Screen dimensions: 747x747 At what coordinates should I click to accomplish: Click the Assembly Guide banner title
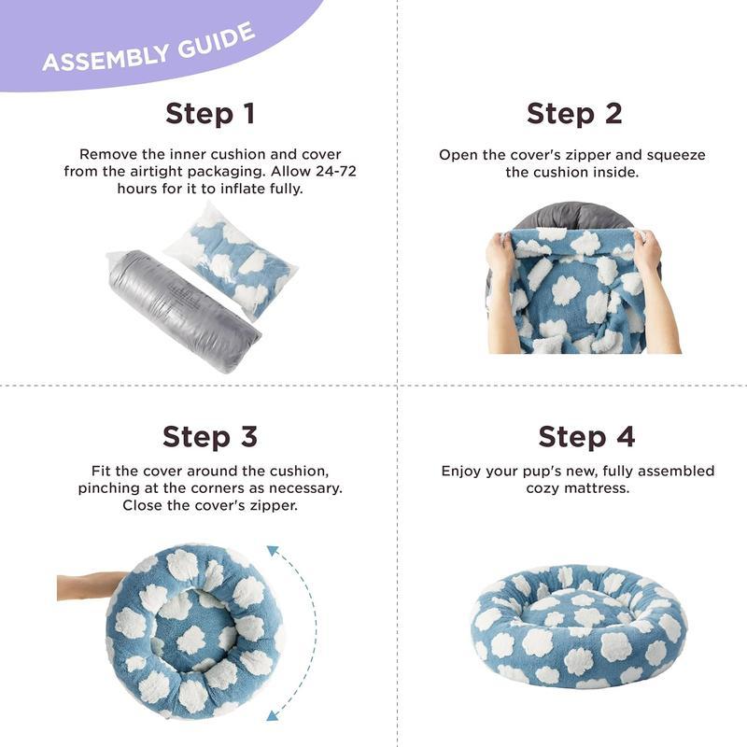[148, 48]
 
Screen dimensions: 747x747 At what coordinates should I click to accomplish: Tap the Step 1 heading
[209, 114]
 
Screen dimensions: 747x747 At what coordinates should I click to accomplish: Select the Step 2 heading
[573, 114]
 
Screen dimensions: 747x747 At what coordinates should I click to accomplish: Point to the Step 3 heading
[209, 436]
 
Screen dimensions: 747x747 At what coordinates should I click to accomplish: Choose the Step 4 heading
[573, 436]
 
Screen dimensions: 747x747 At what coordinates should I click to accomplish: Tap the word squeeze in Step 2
[677, 154]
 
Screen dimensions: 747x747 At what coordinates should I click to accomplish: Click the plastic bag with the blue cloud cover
[233, 259]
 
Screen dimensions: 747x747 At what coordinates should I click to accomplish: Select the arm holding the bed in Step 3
[86, 585]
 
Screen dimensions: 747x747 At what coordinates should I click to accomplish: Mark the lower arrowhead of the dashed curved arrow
[274, 715]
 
